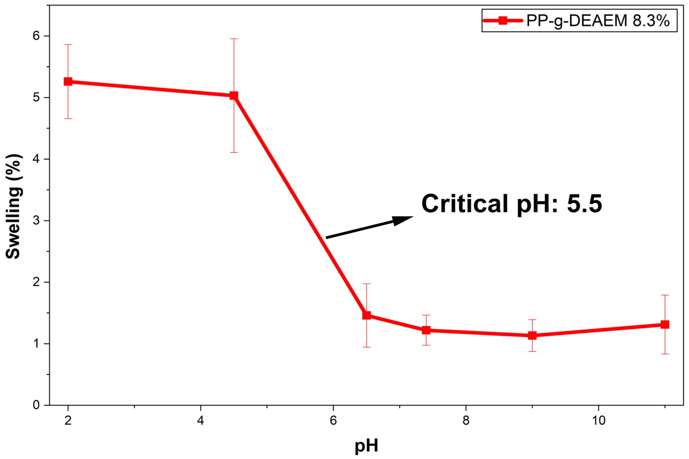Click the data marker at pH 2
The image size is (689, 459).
point(68,82)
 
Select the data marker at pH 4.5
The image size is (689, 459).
point(233,95)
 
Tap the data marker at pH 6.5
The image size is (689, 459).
point(366,315)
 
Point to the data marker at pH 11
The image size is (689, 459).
point(665,324)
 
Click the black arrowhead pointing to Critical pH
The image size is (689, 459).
point(402,220)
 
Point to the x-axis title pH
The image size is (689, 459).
point(366,446)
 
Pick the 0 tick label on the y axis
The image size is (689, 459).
point(36,405)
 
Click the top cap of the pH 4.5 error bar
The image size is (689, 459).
point(233,39)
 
